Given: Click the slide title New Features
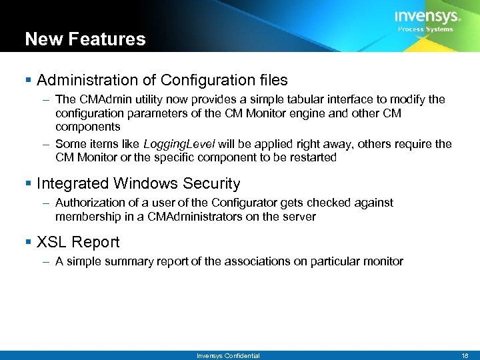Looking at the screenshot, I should tap(85, 39).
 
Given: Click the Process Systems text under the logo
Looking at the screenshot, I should tap(425, 29).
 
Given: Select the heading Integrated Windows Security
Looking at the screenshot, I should tap(139, 183).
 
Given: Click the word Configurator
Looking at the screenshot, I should tap(241, 202).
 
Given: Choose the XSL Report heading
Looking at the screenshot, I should tap(78, 242).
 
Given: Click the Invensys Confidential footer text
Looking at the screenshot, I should tap(228, 355).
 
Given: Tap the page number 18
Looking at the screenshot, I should tap(465, 355).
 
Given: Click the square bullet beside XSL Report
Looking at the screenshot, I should tap(29, 243).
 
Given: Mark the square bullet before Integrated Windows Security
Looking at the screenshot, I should tap(29, 184).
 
